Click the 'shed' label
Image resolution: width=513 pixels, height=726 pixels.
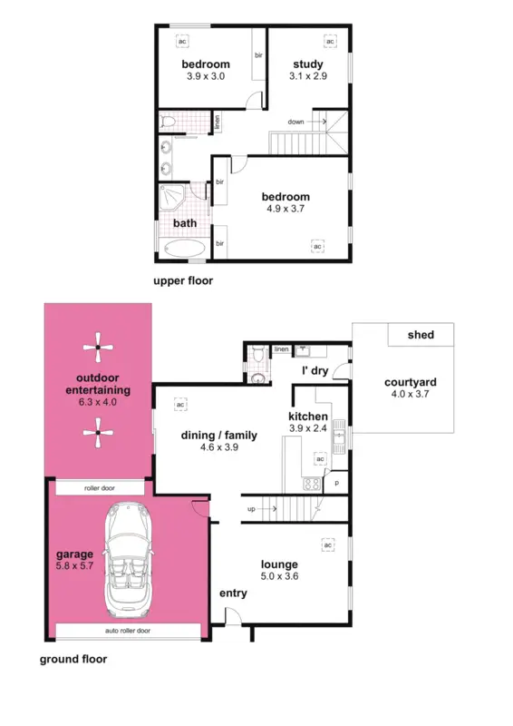pyautogui.click(x=421, y=335)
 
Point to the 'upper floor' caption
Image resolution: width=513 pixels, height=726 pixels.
pyautogui.click(x=183, y=281)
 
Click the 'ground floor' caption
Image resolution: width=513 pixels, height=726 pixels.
pyautogui.click(x=73, y=660)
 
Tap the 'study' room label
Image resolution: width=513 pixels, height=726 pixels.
pyautogui.click(x=309, y=64)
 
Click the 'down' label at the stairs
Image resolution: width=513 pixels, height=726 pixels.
pyautogui.click(x=295, y=122)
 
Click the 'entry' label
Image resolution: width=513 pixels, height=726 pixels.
pyautogui.click(x=233, y=594)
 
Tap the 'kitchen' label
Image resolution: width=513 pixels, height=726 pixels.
pyautogui.click(x=309, y=417)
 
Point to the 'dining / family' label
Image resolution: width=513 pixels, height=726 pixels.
pyautogui.click(x=219, y=436)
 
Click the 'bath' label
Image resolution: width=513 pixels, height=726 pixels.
pyautogui.click(x=185, y=223)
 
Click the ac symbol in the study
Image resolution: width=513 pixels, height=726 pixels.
pyautogui.click(x=330, y=42)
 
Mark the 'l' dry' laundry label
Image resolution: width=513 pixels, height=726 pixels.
pyautogui.click(x=314, y=370)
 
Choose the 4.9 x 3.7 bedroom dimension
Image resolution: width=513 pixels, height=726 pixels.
pyautogui.click(x=286, y=209)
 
